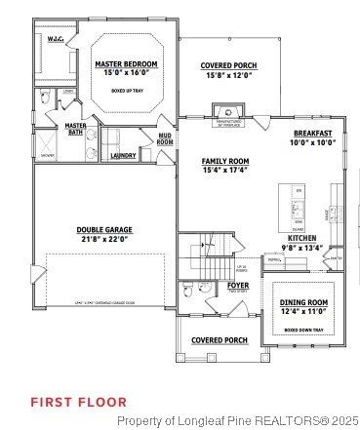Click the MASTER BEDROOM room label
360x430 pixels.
tap(126, 64)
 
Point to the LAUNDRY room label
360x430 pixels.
tap(123, 155)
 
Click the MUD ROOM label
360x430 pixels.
tap(165, 139)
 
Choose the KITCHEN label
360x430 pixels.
tap(301, 238)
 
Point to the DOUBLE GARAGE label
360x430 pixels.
tap(104, 230)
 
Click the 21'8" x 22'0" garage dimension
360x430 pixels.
tap(104, 240)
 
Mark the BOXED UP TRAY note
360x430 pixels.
tap(126, 90)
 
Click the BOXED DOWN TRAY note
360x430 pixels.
tap(303, 331)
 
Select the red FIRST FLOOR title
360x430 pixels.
tap(78, 401)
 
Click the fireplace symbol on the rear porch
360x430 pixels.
tap(226, 112)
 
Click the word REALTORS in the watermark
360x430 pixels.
tap(284, 420)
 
